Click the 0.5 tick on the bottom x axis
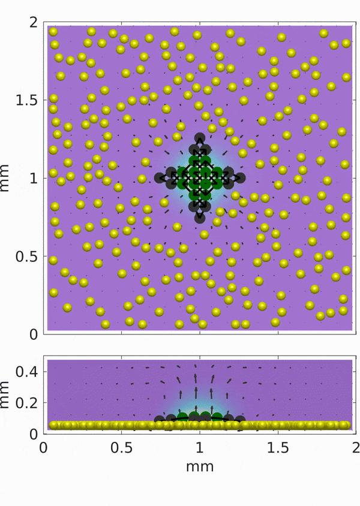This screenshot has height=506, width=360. tap(122, 448)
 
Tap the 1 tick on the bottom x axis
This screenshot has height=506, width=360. tap(200, 448)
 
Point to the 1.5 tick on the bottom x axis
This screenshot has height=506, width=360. tap(278, 448)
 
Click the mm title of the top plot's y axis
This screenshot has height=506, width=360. tap(7, 178)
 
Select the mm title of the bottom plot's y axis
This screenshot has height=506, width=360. tap(7, 396)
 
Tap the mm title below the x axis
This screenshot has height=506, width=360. tap(200, 465)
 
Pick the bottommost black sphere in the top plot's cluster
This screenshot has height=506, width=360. tap(200, 217)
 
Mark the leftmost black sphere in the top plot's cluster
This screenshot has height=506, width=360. tap(160, 177)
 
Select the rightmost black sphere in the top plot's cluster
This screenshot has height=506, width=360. tap(240, 177)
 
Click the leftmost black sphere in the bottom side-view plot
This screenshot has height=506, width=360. tap(159, 420)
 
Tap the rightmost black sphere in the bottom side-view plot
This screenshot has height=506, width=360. tap(240, 420)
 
